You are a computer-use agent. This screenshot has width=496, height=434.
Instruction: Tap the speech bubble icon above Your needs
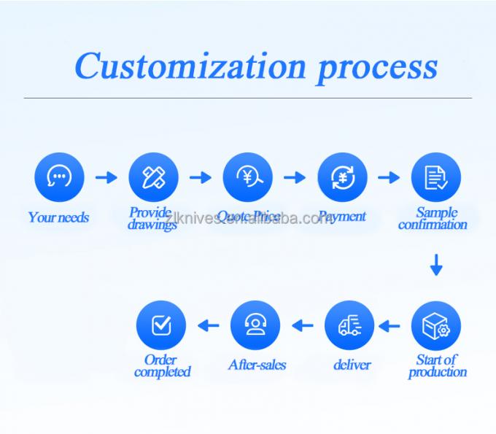[59, 177]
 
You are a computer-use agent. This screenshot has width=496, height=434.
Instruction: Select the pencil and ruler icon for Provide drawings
[153, 177]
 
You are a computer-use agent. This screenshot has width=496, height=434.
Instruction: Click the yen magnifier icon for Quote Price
[248, 177]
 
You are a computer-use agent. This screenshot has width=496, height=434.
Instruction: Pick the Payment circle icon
[342, 177]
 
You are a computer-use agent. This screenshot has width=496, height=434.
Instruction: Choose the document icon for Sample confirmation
[436, 177]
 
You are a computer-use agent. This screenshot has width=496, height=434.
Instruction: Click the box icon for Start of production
[436, 326]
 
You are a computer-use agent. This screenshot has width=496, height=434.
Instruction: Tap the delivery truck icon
[349, 326]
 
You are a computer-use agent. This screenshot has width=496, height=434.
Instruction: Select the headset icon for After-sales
[255, 326]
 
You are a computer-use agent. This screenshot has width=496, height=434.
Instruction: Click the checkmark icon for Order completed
[161, 326]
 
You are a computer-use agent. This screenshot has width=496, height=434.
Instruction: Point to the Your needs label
[58, 217]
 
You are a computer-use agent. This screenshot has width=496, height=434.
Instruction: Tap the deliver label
[352, 365]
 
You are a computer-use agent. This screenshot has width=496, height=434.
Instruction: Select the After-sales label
[257, 365]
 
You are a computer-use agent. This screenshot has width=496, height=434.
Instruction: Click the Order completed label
[162, 365]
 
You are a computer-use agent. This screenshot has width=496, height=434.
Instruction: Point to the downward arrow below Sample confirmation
[436, 265]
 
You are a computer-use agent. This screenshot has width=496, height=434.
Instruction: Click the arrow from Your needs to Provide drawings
[106, 177]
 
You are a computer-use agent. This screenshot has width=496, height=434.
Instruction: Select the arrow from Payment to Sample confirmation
[390, 177]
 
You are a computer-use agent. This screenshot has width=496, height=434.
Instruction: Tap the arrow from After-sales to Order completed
[209, 326]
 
